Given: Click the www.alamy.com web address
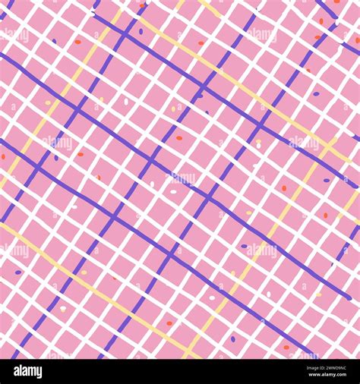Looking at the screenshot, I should click(319, 377).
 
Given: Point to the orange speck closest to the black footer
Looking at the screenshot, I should click(286, 348).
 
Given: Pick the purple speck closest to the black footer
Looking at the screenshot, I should click(233, 338).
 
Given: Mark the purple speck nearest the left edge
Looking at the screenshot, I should click(18, 272).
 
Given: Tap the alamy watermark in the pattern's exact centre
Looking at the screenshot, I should click(180, 179).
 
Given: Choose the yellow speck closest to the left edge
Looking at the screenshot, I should click(48, 102).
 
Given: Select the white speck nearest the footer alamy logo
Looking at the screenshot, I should click(63, 308).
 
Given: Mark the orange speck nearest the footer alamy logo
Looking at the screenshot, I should click(169, 323).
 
